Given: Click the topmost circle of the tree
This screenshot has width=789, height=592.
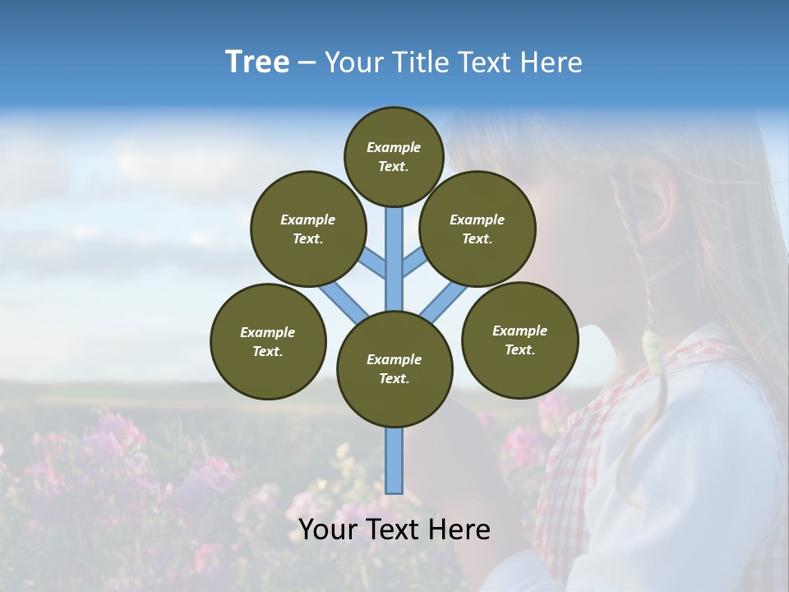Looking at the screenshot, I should click(394, 156).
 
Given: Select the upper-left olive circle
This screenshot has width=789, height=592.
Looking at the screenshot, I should click(307, 229).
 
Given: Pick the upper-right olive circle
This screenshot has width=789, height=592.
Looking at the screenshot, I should click(477, 229).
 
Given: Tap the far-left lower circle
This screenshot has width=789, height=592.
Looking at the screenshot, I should click(268, 341).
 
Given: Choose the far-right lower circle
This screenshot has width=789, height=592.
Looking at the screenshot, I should click(519, 340).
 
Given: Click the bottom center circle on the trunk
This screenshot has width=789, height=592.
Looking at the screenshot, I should click(394, 368).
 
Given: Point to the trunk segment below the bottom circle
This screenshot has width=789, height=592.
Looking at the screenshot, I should click(394, 460).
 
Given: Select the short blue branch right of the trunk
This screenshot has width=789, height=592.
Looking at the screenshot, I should click(414, 262).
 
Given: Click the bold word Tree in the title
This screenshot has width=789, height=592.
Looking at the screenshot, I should click(257, 62).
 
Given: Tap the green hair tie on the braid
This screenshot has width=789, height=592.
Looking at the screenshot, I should click(653, 349).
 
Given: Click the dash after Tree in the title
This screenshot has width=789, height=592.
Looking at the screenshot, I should click(307, 63).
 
